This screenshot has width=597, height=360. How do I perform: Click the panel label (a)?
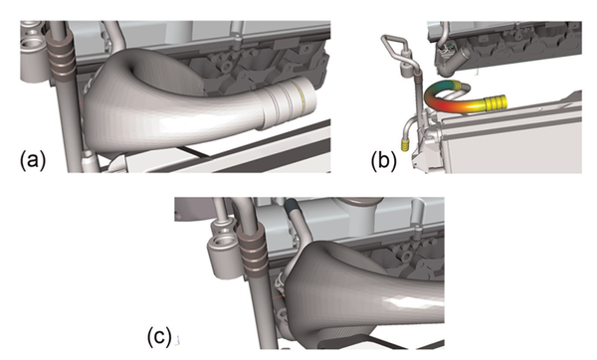[x=31, y=157]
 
